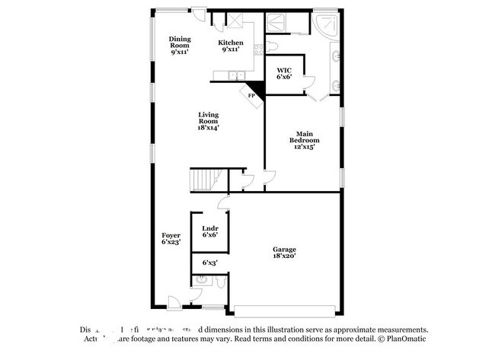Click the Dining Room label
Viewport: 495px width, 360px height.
point(180,46)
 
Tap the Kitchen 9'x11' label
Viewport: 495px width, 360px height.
point(231,46)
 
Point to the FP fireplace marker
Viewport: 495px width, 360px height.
point(251,95)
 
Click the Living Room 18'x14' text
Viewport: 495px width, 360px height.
point(208,122)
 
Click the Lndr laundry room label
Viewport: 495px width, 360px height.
point(209,232)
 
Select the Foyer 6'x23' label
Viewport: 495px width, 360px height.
point(171,240)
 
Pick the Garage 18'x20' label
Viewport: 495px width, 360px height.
point(285,253)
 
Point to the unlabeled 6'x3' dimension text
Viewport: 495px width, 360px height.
point(209,263)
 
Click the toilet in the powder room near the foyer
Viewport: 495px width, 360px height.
point(219,284)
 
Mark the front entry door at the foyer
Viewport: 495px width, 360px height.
point(175,302)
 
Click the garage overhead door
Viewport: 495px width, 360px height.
point(284,311)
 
